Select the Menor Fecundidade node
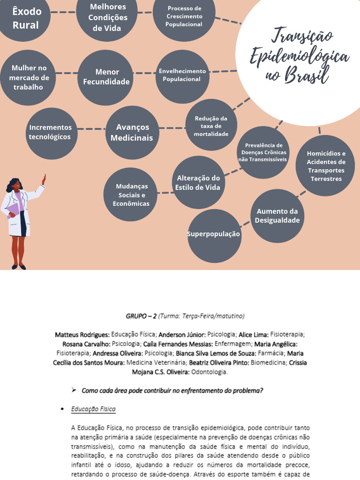click(x=105, y=77)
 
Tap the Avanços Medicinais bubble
click(x=132, y=133)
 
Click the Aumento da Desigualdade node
click(x=277, y=216)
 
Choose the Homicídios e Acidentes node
click(x=325, y=165)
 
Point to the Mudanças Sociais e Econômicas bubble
click(x=131, y=194)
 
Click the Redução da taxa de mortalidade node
click(x=211, y=126)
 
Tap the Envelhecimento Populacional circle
click(x=182, y=76)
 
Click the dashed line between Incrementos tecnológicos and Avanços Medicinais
click(x=91, y=129)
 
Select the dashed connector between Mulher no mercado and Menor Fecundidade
click(x=67, y=73)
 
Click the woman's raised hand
click(x=44, y=180)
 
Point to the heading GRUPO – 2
click(x=141, y=316)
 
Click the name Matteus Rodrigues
click(x=82, y=335)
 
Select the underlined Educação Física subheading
click(x=93, y=409)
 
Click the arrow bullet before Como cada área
click(x=74, y=390)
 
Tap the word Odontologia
click(x=210, y=372)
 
